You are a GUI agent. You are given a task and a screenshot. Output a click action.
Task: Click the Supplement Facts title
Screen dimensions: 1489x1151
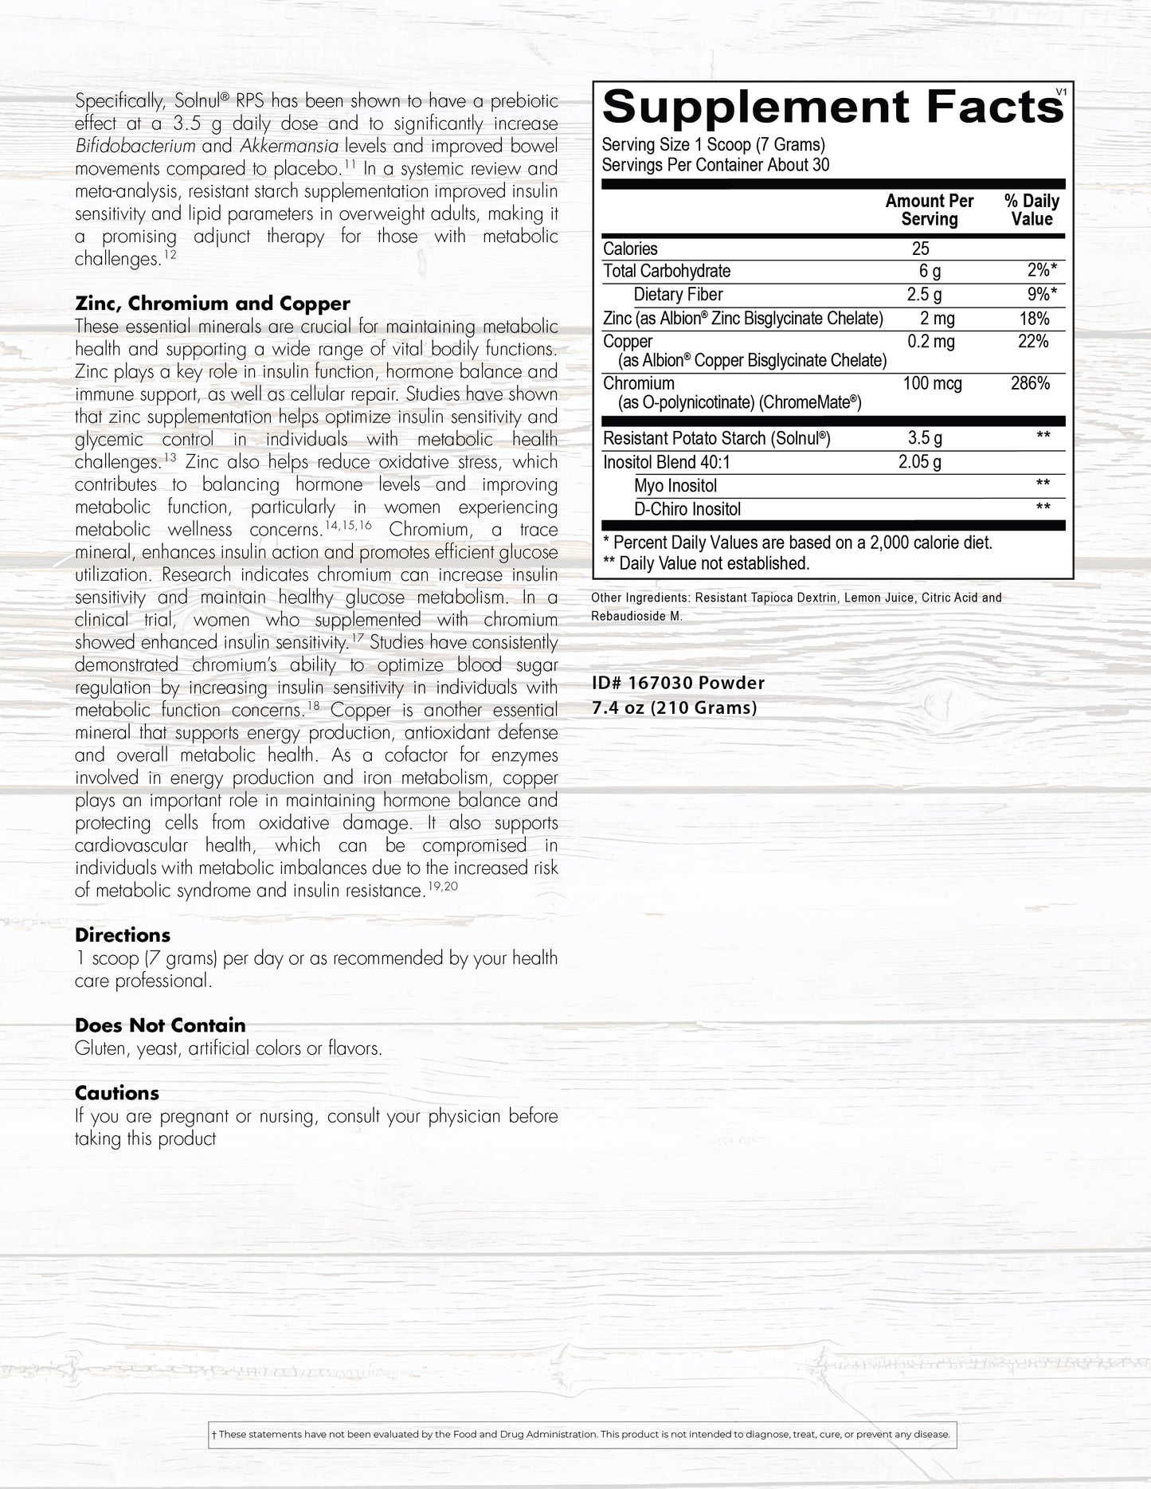click(x=832, y=107)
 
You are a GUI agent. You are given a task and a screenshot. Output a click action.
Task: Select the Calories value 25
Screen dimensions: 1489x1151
click(x=920, y=249)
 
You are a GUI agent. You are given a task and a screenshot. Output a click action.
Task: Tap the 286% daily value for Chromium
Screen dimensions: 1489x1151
click(x=1030, y=383)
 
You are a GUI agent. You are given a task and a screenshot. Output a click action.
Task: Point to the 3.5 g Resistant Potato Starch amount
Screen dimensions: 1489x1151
click(x=924, y=437)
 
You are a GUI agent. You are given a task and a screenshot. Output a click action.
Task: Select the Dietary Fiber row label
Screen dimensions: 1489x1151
click(x=678, y=295)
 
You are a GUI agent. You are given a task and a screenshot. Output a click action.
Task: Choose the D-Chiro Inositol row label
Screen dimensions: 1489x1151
click(x=687, y=509)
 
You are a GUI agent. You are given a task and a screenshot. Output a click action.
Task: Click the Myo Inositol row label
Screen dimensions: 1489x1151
click(x=675, y=486)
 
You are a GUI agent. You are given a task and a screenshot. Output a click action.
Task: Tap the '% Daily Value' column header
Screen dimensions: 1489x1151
click(x=1032, y=210)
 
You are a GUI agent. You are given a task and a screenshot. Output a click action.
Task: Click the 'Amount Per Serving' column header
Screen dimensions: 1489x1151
click(x=929, y=210)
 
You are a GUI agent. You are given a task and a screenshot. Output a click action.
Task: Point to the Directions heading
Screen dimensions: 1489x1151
click(x=123, y=935)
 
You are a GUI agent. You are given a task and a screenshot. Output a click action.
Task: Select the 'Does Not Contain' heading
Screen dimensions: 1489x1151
click(x=160, y=1025)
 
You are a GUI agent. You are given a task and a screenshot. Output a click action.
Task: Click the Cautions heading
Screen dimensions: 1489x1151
click(x=117, y=1093)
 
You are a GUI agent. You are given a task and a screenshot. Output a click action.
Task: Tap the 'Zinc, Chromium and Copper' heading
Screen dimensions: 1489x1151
click(x=212, y=304)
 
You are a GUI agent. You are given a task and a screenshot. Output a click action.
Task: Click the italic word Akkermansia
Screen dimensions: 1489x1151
click(x=295, y=146)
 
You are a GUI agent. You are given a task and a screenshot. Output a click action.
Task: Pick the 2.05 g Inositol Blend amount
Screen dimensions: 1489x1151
click(x=920, y=461)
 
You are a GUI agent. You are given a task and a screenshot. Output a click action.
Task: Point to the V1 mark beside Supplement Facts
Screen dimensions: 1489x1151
click(x=1059, y=92)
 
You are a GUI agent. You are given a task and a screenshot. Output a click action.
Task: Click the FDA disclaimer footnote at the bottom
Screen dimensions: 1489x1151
click(x=581, y=1435)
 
